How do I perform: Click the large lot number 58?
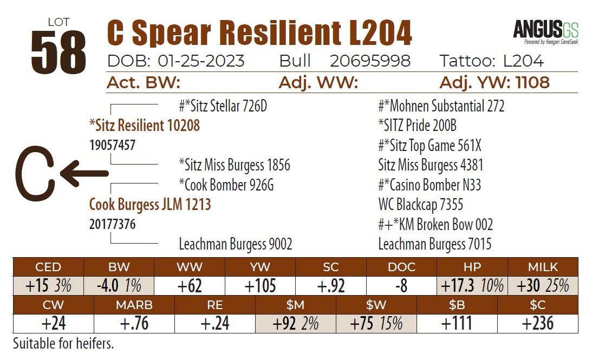pos(58,53)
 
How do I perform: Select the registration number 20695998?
pos(370,61)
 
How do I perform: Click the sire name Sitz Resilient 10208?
pos(144,126)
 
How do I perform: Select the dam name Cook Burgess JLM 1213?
pos(150,205)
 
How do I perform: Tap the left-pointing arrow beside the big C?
pos(84,173)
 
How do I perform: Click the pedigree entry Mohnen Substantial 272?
pos(441,106)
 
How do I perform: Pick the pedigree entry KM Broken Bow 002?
pos(435,225)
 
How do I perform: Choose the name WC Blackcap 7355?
pos(420,205)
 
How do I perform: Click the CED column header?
pos(48,267)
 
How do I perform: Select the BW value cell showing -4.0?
pos(119,285)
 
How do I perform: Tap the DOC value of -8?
pos(401,285)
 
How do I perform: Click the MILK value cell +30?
pos(542,285)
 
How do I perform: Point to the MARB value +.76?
pos(134,323)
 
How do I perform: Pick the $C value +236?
pos(537,323)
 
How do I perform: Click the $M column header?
pos(295,305)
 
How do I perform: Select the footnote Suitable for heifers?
pos(63,343)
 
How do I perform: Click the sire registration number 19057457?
pos(112,145)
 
